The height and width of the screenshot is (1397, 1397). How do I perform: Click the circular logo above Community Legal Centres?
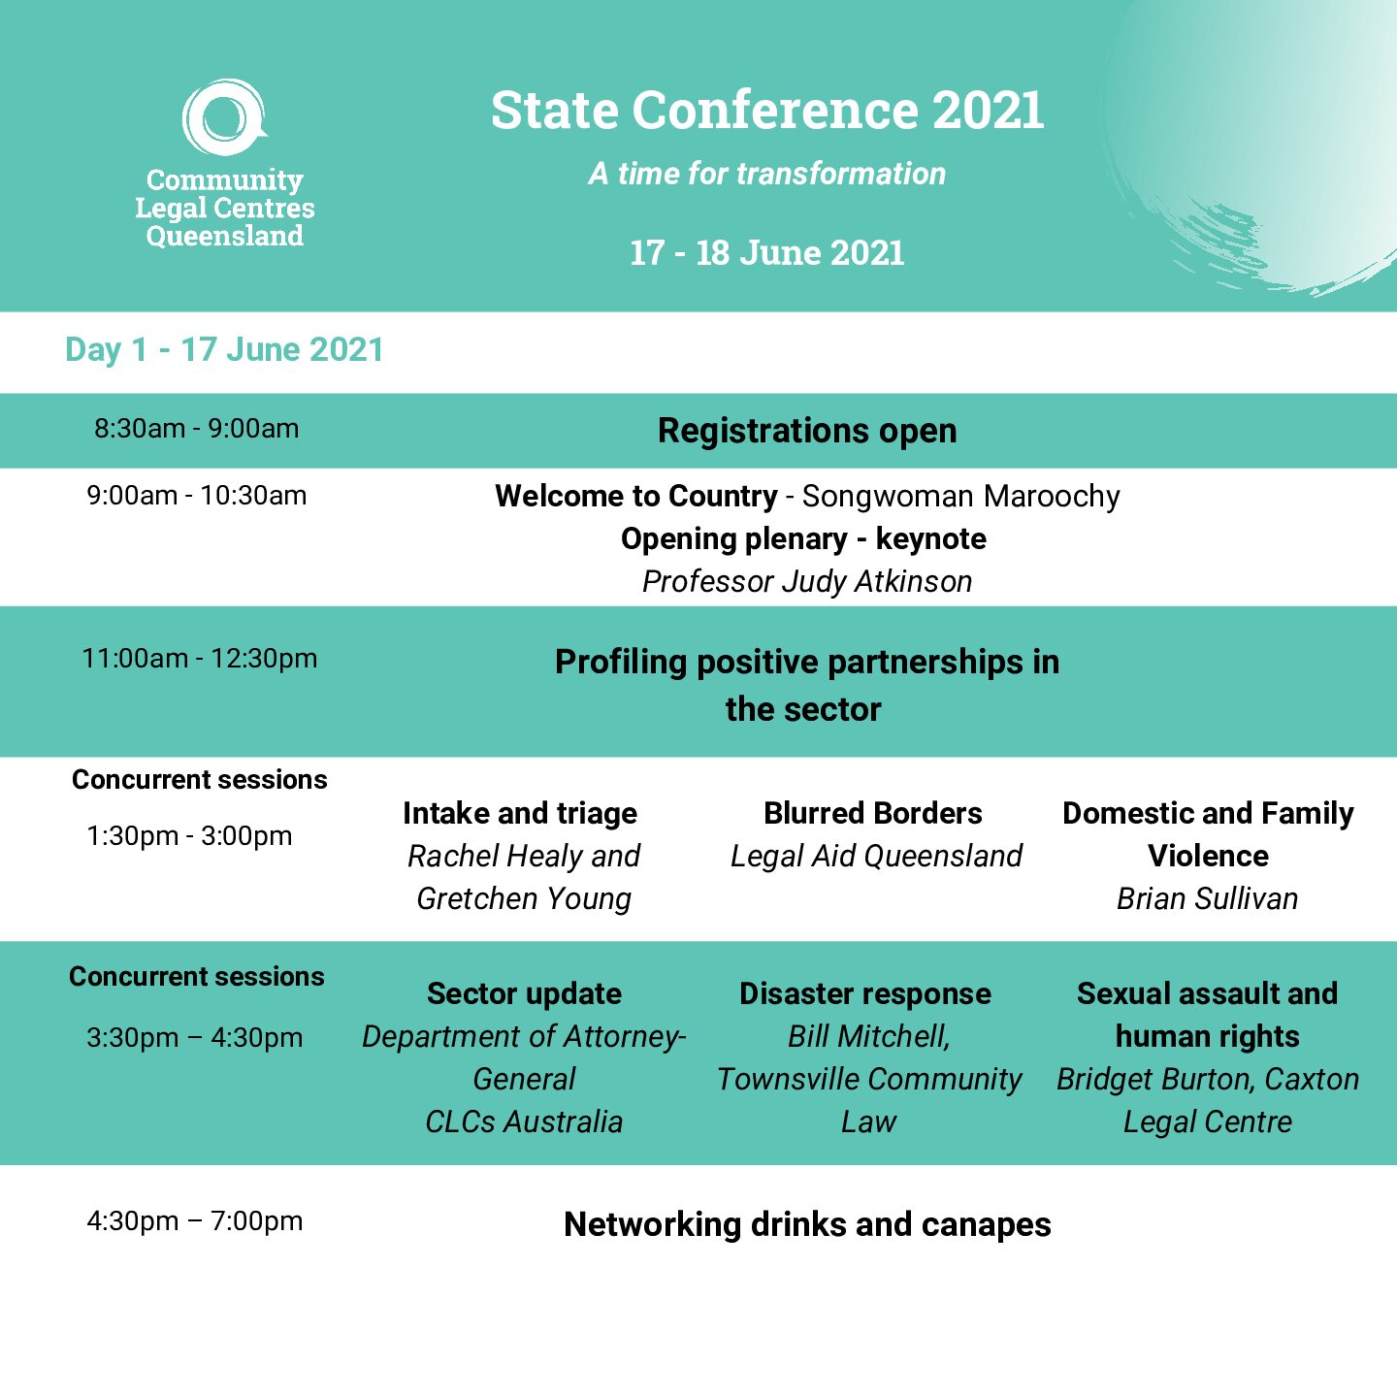click(225, 116)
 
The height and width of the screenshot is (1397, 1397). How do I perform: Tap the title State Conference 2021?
click(767, 111)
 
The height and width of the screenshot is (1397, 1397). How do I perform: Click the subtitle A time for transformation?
click(767, 174)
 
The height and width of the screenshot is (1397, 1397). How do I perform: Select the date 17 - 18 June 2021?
click(767, 253)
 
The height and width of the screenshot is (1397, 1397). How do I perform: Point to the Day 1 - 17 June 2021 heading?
click(224, 349)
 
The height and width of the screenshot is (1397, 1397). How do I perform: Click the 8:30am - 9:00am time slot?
click(197, 429)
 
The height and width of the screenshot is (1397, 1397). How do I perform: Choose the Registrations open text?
click(807, 431)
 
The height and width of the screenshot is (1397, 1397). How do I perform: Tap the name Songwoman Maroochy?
click(960, 497)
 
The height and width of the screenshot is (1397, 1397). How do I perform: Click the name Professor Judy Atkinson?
click(807, 581)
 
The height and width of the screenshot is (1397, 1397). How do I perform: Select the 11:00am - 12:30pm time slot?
click(200, 659)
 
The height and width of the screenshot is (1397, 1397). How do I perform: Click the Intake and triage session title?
click(520, 813)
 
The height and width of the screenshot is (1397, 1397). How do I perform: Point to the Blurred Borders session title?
click(873, 813)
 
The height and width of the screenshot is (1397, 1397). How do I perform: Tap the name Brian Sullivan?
click(1207, 899)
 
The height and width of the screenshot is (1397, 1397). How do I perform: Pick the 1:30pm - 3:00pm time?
click(189, 836)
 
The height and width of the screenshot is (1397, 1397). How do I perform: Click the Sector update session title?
click(524, 994)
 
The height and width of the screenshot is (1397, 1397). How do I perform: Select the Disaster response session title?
click(864, 994)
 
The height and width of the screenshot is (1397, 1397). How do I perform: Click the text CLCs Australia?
click(524, 1122)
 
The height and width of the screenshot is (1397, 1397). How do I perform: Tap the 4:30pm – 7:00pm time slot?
click(195, 1220)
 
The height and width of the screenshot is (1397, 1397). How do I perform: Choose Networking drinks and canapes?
click(807, 1225)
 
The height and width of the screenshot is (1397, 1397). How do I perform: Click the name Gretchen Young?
click(524, 899)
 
